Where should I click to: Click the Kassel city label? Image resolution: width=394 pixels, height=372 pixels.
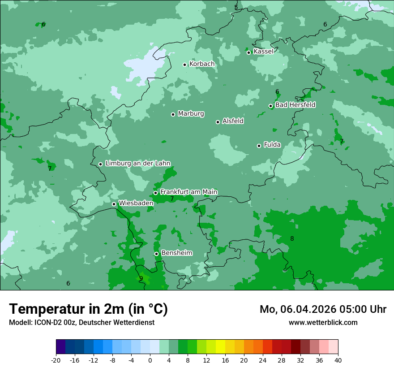263,52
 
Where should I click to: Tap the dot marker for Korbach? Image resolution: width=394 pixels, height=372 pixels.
184,65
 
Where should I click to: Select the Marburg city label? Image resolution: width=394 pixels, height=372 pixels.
191,114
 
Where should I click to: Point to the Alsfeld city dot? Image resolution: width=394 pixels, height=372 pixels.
218,122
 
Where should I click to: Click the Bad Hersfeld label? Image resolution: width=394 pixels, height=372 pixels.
295,105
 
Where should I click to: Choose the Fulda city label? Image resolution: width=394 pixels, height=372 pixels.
272,145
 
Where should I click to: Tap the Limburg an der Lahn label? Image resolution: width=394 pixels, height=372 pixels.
137,164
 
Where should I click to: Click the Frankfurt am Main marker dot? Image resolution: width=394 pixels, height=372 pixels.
155,193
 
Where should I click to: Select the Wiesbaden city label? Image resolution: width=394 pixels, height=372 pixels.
136,203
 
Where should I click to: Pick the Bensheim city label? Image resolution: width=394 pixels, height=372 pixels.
176,253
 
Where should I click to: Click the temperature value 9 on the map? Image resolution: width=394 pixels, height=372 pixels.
141,278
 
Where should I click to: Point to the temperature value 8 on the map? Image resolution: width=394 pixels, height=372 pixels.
292,238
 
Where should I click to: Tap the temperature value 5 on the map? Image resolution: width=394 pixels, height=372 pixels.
236,7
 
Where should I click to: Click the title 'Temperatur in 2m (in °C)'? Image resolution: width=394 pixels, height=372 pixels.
88,309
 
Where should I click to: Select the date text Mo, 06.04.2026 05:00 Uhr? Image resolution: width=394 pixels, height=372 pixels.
323,309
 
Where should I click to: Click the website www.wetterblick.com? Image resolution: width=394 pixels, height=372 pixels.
323,323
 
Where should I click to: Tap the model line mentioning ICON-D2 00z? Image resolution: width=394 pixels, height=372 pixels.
81,323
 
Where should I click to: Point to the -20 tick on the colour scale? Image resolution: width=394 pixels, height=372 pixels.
56,360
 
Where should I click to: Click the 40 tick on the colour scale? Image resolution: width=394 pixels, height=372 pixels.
338,360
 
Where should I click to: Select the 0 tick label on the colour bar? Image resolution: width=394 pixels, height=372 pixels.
150,360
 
